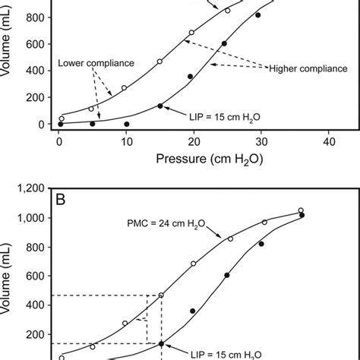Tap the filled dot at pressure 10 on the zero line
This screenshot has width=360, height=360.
coord(126,124)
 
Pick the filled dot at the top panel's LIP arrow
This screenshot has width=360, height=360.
coord(160,106)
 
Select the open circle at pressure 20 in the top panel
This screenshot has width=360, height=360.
coord(191,33)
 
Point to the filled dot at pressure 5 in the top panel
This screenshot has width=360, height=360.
coord(93,124)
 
